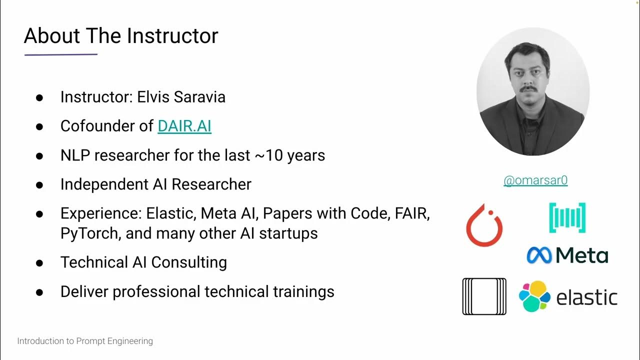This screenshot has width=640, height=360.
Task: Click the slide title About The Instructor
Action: (121, 36)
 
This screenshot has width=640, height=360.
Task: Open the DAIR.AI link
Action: (184, 126)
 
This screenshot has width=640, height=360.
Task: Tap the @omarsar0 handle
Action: (535, 180)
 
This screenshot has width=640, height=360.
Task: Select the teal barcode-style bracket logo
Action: (567, 217)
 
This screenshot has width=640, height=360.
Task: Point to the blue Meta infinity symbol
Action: (539, 255)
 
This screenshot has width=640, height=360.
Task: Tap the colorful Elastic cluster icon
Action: (534, 296)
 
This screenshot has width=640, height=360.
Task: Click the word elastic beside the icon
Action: (586, 297)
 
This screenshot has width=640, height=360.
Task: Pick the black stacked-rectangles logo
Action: (484, 296)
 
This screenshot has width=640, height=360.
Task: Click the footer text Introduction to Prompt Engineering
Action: (85, 341)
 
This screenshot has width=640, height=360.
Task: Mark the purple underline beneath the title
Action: (61, 54)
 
